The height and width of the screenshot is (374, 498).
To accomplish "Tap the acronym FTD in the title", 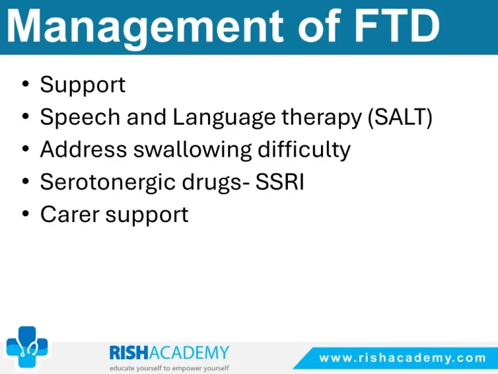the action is click(x=397, y=25).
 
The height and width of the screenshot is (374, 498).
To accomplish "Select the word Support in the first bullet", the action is click(x=82, y=85).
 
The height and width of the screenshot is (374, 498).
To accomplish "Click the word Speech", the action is click(x=80, y=118).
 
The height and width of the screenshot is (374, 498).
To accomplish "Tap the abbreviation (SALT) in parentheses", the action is click(x=400, y=118).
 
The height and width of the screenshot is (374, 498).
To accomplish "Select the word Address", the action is click(x=84, y=149).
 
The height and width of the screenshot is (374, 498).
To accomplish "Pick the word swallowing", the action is click(x=193, y=150).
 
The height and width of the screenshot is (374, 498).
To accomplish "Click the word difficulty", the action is click(x=304, y=150).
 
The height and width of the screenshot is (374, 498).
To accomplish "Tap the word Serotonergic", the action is click(x=108, y=182).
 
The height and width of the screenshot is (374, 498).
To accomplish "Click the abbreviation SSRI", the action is click(x=279, y=182).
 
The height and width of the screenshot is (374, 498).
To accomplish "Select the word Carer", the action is click(x=69, y=215).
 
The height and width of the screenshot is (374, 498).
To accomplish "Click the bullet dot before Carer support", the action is click(x=26, y=214).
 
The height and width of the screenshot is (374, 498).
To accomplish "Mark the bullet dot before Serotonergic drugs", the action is click(x=26, y=181).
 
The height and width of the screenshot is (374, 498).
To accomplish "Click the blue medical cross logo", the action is click(x=27, y=347).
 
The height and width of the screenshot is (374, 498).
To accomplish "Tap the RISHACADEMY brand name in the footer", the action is click(x=169, y=353).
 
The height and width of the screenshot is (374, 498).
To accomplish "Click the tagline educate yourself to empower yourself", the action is click(x=169, y=368).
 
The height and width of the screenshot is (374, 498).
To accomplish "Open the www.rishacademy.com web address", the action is click(x=403, y=358).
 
